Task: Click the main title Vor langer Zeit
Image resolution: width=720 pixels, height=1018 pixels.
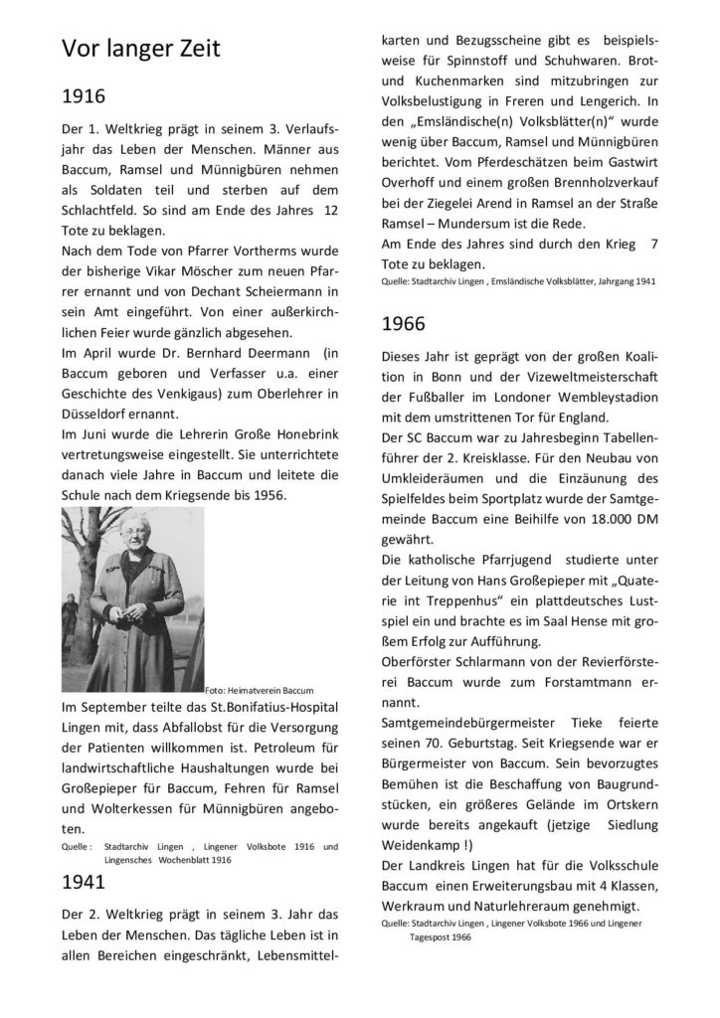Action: point(140,49)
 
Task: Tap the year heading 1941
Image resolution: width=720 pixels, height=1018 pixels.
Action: point(84,881)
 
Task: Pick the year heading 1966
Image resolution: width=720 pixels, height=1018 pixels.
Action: point(404,323)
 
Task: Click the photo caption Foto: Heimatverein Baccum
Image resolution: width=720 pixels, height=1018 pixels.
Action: point(258,689)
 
